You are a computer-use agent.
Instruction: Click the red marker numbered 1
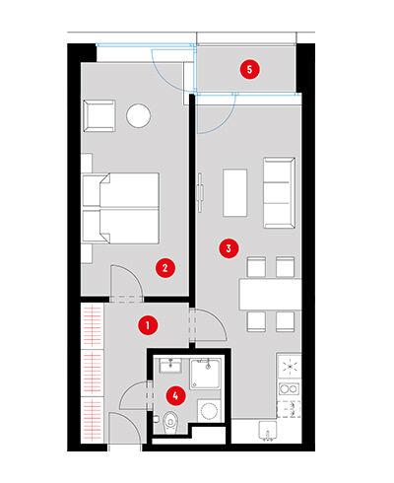[x=148, y=325]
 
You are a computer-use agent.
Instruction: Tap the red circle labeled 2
[x=165, y=268]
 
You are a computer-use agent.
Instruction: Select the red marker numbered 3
[x=229, y=248]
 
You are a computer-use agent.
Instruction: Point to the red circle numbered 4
[x=175, y=395]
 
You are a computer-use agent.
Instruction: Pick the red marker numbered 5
[x=249, y=69]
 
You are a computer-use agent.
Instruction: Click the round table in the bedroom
[x=139, y=115]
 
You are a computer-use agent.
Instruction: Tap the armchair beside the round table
[x=99, y=116]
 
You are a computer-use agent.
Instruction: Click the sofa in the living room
[x=279, y=193]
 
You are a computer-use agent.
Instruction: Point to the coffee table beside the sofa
[x=234, y=193]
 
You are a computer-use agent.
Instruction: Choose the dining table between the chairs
[x=270, y=294]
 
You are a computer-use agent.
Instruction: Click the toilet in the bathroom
[x=169, y=422]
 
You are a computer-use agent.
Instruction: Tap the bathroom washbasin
[x=170, y=366]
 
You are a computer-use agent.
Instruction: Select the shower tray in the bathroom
[x=205, y=374]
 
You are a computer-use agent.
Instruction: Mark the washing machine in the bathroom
[x=209, y=411]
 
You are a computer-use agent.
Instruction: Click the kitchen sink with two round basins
[x=289, y=389]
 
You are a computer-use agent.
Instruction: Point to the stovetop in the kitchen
[x=290, y=366]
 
